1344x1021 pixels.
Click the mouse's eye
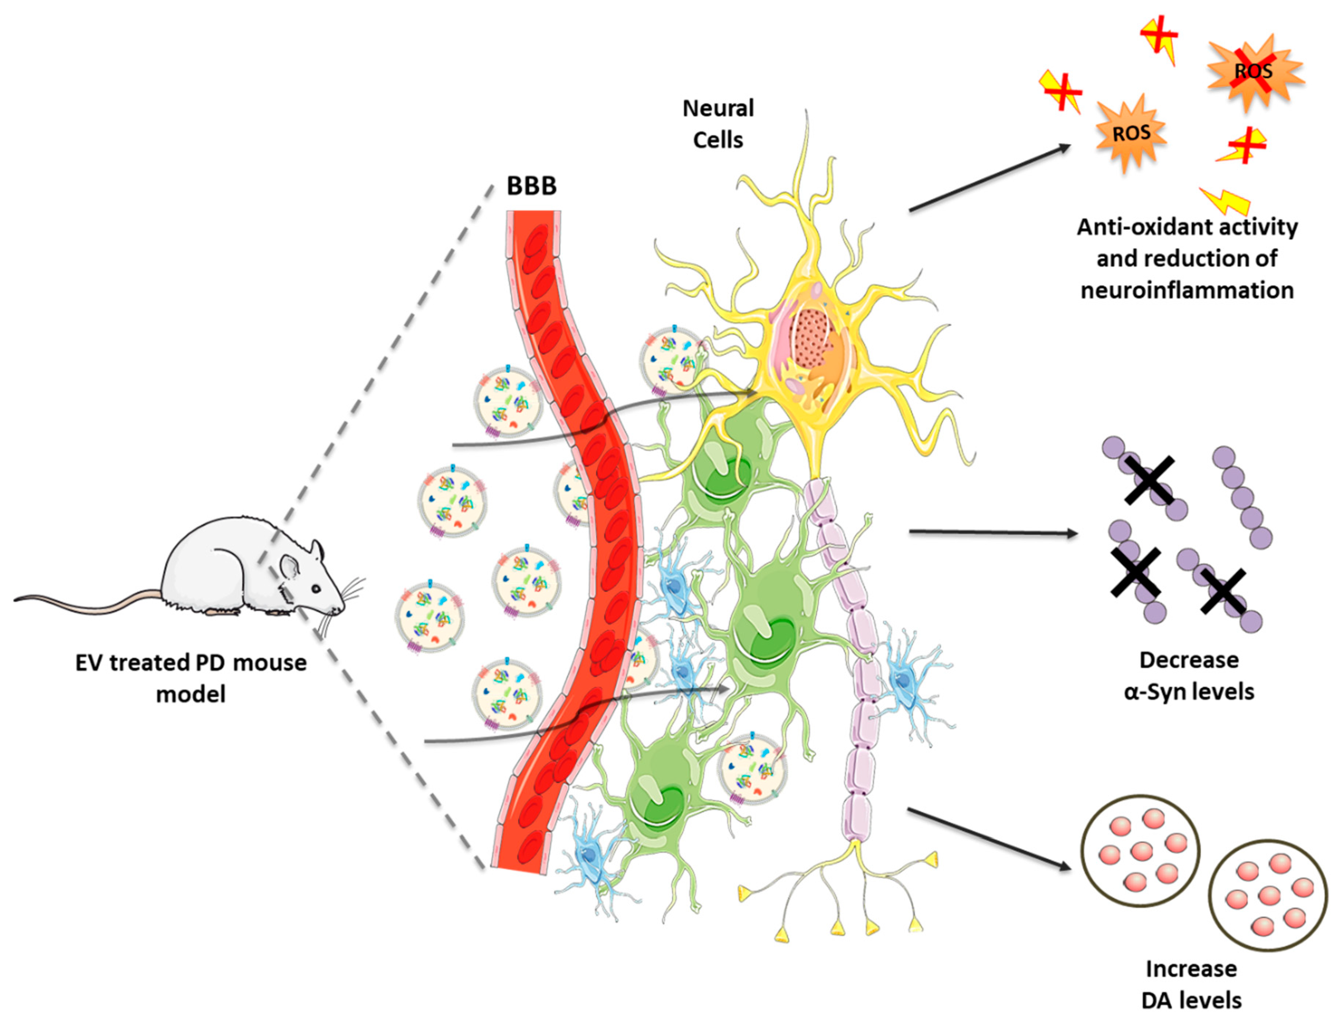pyautogui.click(x=316, y=588)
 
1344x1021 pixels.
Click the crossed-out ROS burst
pyautogui.click(x=1254, y=72)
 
